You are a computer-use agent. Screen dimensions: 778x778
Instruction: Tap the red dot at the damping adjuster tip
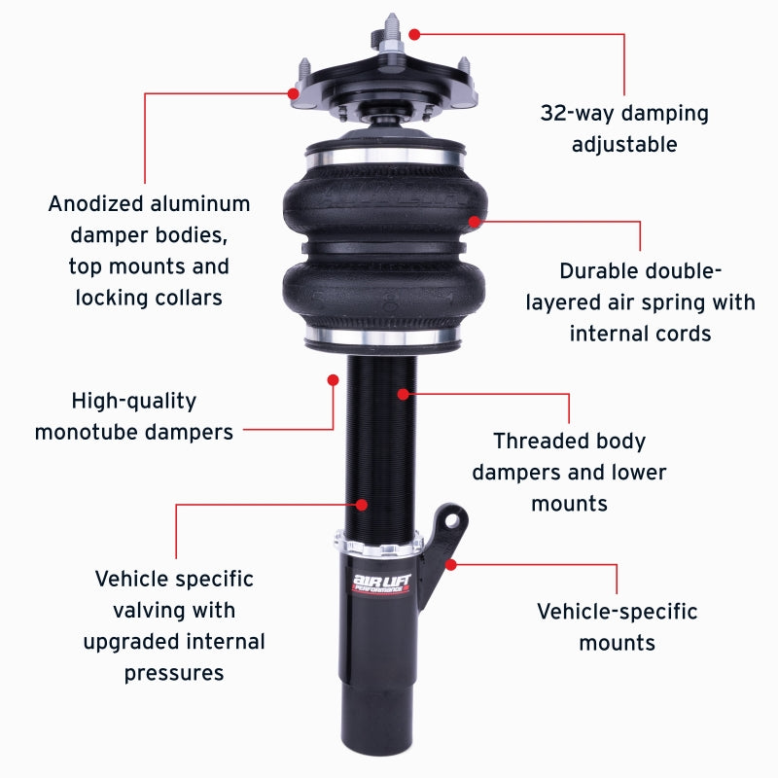(414, 34)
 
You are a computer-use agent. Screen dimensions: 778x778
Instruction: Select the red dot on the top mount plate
(294, 93)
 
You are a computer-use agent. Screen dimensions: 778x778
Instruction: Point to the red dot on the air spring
(475, 222)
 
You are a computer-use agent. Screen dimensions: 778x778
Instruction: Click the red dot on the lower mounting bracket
(450, 563)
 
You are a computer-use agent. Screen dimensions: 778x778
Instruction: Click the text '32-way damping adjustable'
(624, 128)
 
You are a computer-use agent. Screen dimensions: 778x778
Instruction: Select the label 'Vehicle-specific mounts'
(617, 627)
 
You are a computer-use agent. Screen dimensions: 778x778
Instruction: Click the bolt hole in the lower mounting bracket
(450, 518)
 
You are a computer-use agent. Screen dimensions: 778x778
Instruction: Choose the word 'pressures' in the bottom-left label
(174, 673)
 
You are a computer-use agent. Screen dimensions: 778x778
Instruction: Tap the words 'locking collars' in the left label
(149, 298)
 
